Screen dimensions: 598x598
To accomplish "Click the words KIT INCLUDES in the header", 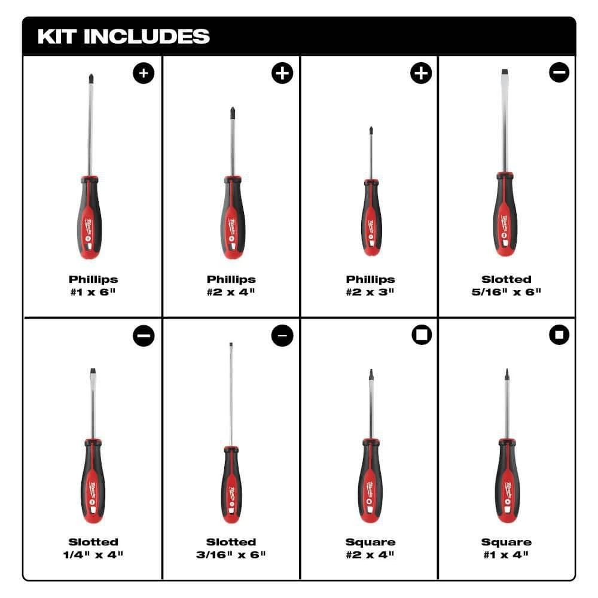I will pyautogui.click(x=124, y=36).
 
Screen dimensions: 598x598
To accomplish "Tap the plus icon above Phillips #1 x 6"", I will pyautogui.click(x=144, y=74).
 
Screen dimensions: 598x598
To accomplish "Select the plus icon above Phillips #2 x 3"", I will pyautogui.click(x=420, y=74).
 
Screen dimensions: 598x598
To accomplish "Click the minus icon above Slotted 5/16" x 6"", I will pyautogui.click(x=559, y=74).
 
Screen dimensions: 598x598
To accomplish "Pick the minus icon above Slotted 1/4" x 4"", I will pyautogui.click(x=144, y=336).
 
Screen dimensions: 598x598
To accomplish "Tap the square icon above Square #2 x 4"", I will pyautogui.click(x=420, y=336).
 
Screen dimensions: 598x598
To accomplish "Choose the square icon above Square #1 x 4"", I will pyautogui.click(x=559, y=336).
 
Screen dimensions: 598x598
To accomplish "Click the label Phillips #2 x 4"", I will pyautogui.click(x=231, y=285).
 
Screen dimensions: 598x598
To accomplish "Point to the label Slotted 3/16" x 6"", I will pyautogui.click(x=231, y=548).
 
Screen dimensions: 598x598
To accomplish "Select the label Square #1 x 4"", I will pyautogui.click(x=506, y=548).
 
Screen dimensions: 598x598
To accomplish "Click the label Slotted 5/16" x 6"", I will pyautogui.click(x=506, y=285).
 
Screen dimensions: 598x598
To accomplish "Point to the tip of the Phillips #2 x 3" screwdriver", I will pyautogui.click(x=371, y=129).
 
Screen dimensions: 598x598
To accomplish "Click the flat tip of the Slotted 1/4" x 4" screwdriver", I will pyautogui.click(x=93, y=371).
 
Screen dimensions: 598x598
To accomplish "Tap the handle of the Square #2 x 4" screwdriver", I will pyautogui.click(x=371, y=478).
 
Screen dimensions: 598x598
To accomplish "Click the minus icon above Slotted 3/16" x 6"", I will pyautogui.click(x=282, y=336).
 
